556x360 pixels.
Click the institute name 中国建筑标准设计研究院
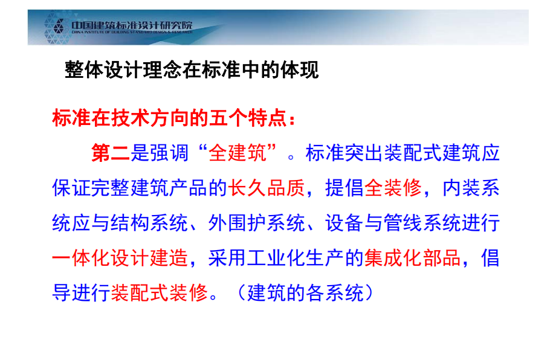click(132, 25)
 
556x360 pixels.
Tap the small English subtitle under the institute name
click(132, 32)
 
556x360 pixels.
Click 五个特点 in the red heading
click(248, 118)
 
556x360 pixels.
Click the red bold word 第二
click(111, 153)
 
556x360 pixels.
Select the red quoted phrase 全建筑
click(238, 153)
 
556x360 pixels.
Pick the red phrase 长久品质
click(267, 188)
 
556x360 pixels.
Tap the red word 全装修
click(393, 188)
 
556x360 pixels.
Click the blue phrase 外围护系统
click(257, 223)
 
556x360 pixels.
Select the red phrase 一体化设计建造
click(120, 257)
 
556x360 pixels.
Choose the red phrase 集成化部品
click(412, 257)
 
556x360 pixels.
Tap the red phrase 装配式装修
click(159, 293)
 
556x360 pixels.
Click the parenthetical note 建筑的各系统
click(305, 293)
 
